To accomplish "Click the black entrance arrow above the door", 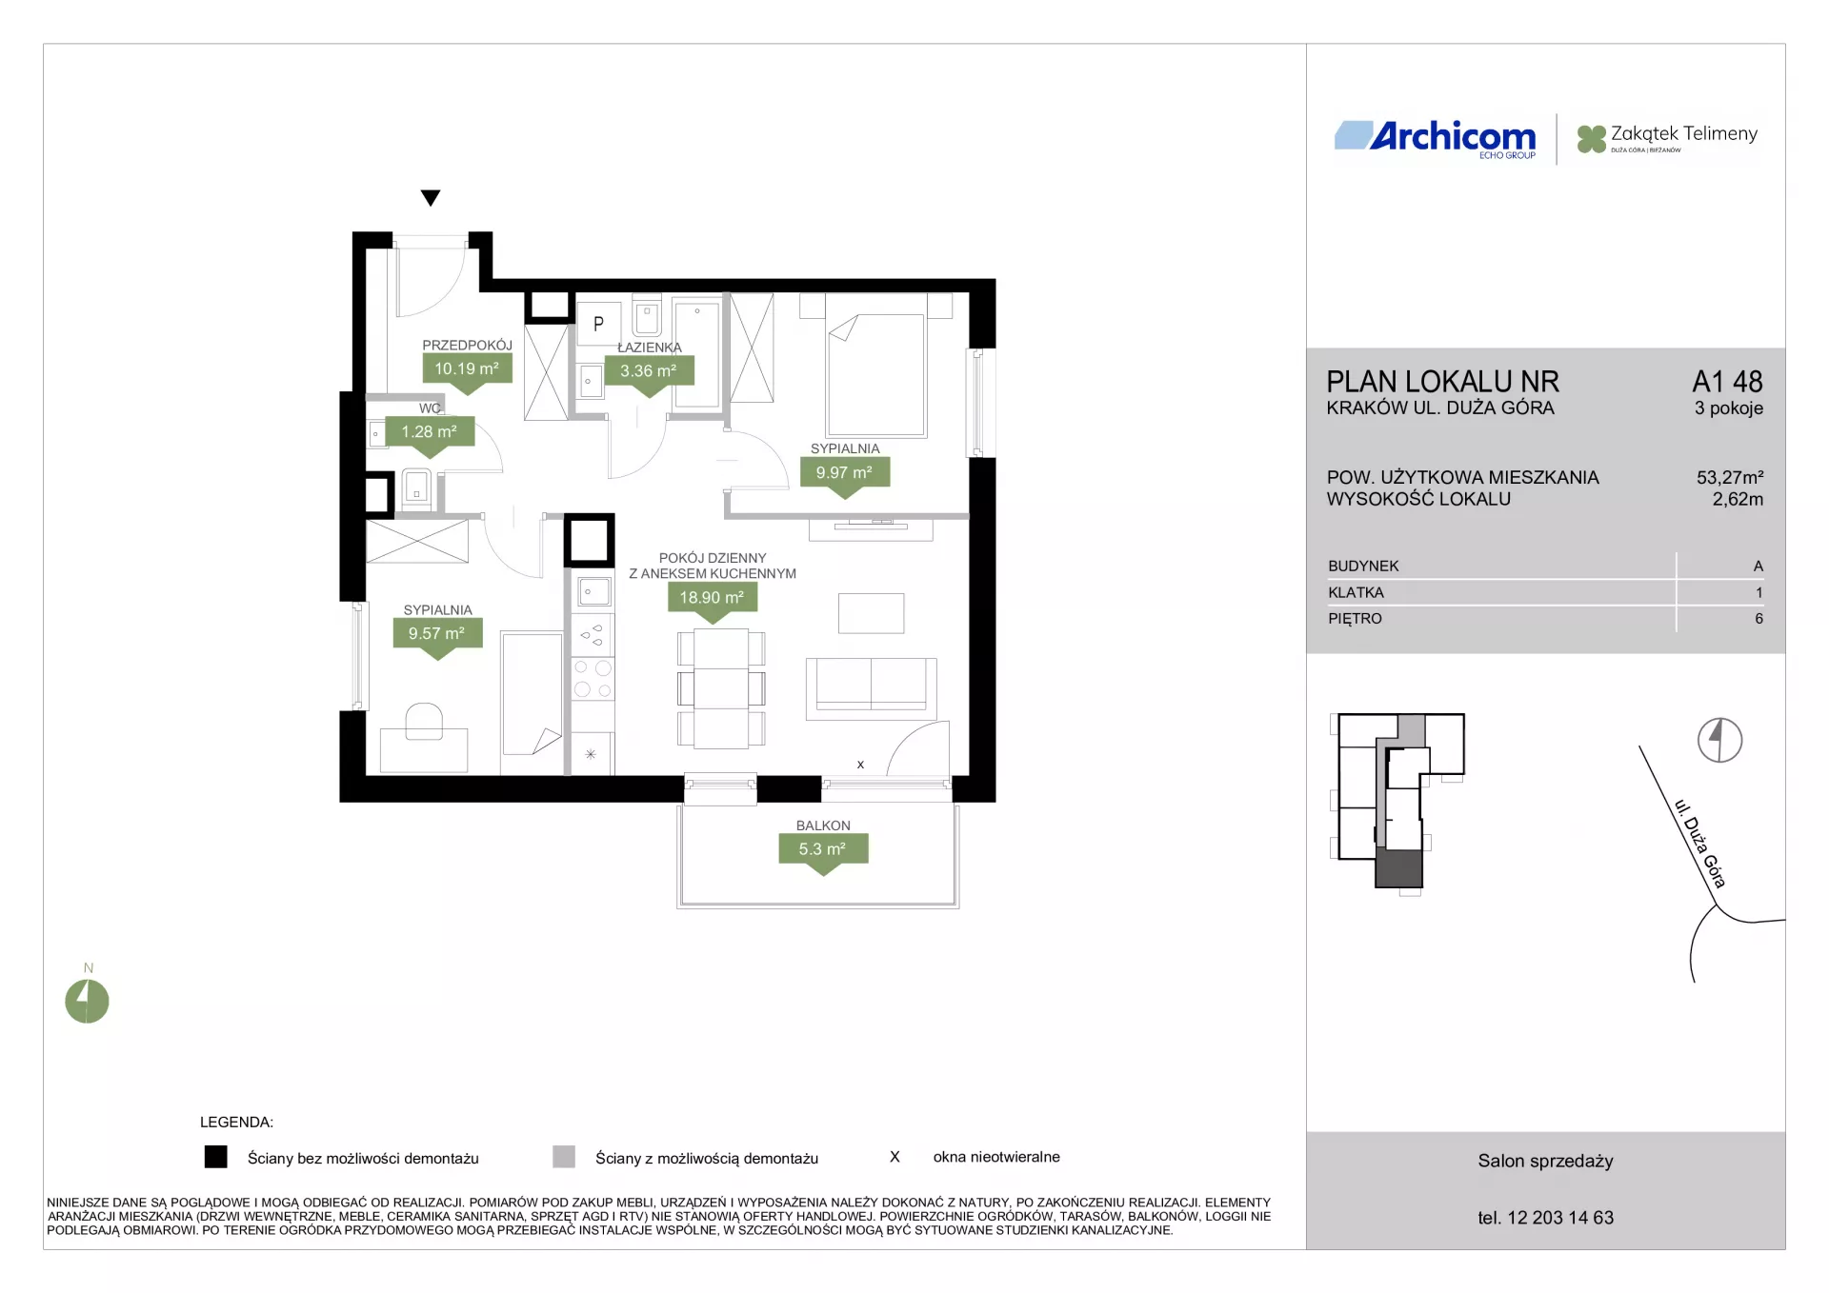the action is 431,198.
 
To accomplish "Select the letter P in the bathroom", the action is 598,324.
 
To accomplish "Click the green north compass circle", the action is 87,1002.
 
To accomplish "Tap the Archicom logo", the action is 1436,139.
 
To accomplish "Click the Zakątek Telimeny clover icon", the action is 1591,139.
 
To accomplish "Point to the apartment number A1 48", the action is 1727,382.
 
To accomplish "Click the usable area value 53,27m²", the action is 1730,477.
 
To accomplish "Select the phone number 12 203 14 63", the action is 1560,1218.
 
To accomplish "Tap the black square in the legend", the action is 216,1157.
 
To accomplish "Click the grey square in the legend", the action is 564,1157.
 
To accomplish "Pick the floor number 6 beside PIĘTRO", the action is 1759,619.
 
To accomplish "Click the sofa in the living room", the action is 871,687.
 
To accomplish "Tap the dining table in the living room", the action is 721,689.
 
